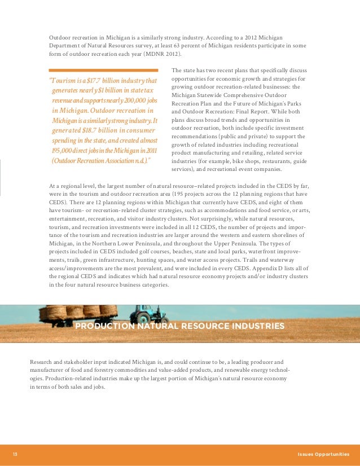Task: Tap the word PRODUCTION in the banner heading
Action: pos(103,327)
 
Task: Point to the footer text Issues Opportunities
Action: pos(323,455)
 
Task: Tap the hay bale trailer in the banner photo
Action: pos(80,312)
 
